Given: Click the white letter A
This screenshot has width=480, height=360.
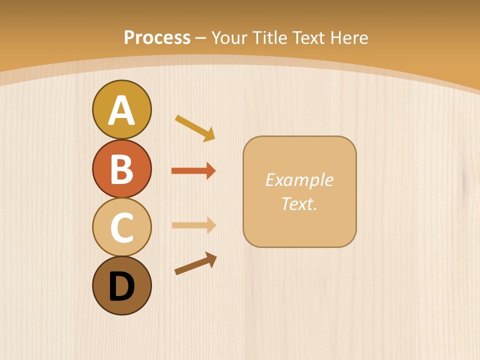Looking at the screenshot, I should coord(121,110).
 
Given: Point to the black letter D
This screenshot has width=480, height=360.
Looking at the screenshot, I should coord(121,286).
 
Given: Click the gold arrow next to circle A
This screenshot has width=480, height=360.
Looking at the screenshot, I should coord(194,128).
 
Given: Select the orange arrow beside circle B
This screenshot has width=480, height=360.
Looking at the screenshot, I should coord(192,171).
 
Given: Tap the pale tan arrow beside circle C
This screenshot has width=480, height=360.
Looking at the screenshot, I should coord(193,225).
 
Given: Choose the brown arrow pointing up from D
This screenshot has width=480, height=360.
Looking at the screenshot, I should coord(195,263).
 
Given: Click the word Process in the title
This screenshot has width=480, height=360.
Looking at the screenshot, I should coord(157,37).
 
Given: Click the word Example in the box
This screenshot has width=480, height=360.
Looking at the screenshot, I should coord(299,180).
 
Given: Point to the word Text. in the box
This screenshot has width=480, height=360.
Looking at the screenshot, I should coord(299,203).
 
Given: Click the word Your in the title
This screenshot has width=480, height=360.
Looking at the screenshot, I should coord(229,37).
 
